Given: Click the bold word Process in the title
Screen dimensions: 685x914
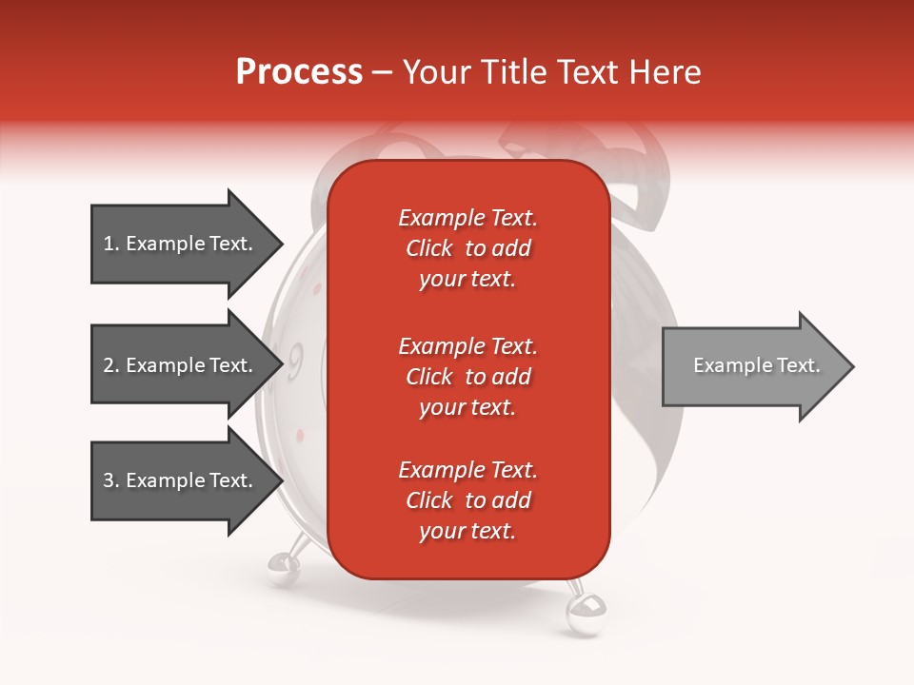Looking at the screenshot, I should [299, 72].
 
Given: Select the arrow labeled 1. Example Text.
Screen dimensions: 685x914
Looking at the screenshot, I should [181, 244].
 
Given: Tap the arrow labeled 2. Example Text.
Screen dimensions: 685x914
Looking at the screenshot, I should [181, 365].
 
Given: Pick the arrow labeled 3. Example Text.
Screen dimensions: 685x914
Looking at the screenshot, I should [181, 480].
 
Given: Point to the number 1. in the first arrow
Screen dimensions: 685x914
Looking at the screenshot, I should [111, 245].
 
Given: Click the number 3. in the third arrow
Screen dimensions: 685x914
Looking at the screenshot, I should [111, 481].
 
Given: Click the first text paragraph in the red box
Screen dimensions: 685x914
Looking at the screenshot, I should [467, 248].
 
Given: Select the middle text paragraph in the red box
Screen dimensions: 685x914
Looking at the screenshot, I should [467, 377].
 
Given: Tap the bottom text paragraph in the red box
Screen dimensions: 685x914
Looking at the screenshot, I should [467, 500].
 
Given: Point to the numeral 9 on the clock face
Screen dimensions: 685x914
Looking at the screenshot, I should [295, 360].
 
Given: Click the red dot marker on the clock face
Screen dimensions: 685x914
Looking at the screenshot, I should [300, 435].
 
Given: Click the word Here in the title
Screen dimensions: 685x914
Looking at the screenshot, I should [667, 72].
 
